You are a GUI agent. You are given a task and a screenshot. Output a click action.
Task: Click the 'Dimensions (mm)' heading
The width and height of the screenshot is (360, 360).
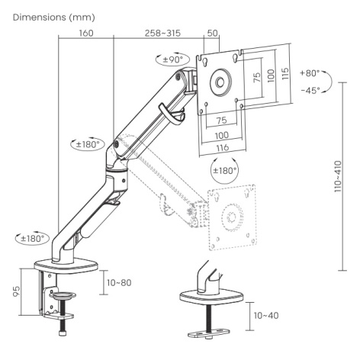point(54,18)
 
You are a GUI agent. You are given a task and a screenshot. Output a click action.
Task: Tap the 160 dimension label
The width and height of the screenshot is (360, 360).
point(86,33)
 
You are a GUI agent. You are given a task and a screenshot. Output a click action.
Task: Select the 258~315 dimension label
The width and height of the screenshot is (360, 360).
point(162,33)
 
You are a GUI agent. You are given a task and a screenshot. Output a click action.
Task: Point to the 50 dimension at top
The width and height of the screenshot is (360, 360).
point(213,33)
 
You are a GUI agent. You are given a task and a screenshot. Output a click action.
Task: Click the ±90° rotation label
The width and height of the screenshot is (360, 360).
point(173,59)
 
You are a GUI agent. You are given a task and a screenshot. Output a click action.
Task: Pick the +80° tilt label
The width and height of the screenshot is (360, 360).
point(310,73)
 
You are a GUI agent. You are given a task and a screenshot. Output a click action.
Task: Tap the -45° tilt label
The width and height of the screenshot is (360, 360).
point(310,91)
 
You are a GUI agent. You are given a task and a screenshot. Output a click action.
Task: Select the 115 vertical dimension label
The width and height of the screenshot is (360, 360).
point(285,74)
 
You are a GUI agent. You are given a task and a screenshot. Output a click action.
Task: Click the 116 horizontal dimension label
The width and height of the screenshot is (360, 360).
point(223,147)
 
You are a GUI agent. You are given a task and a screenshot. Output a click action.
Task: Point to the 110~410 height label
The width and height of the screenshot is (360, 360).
point(338,176)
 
